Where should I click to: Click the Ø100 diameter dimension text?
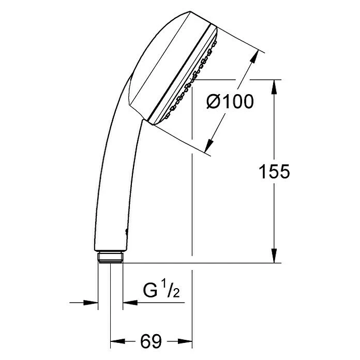point(230,102)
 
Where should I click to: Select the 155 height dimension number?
point(274,172)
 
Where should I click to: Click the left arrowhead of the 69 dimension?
point(115,341)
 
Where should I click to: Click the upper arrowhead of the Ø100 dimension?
point(254,56)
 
